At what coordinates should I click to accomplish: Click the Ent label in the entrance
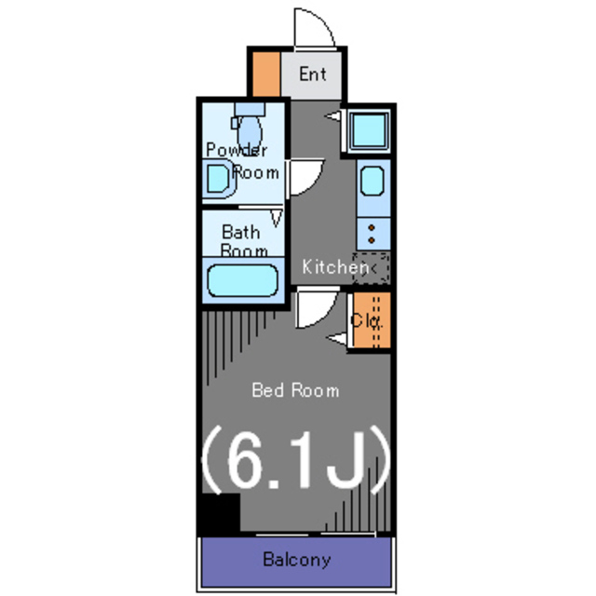coord(313,74)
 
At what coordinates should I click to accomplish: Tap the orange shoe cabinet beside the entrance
coord(266,74)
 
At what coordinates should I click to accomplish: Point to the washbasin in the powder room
coord(218,179)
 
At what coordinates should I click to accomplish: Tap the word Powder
coord(237,150)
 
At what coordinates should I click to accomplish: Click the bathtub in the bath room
coord(242,280)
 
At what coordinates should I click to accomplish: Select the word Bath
coord(241,232)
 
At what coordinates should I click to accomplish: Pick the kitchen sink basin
coord(372,181)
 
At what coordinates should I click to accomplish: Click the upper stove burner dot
coord(372,227)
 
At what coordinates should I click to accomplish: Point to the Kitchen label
coord(335,267)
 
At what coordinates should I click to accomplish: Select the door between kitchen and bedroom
coord(318,308)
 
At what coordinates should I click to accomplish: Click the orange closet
coord(371,320)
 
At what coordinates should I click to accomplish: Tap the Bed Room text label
coord(295,390)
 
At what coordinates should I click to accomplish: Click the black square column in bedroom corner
coord(221,513)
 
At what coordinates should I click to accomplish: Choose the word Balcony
coord(297,560)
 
